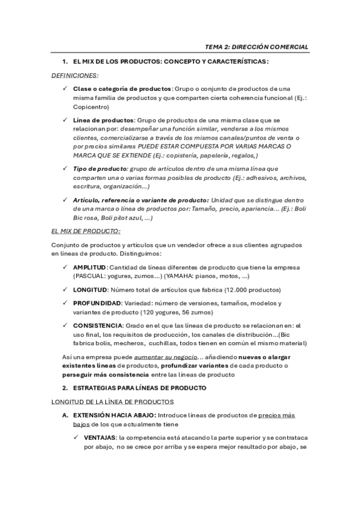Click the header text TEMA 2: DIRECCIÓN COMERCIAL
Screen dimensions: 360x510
257,46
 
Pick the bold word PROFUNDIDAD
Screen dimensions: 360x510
97,303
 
